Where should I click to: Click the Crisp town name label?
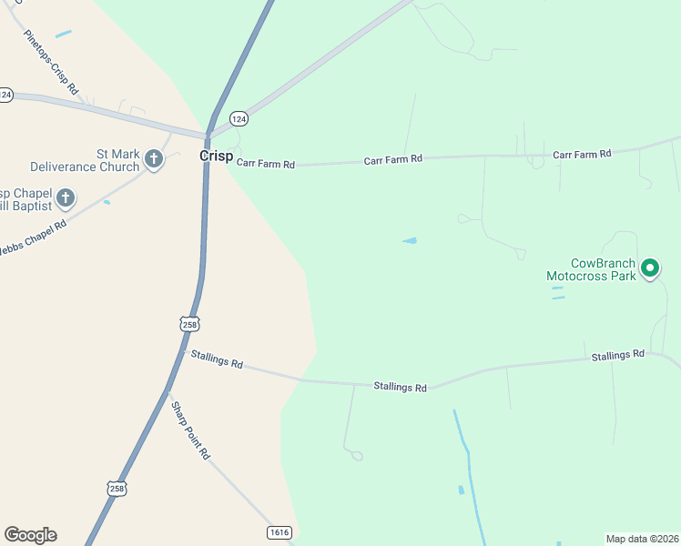[x=216, y=156]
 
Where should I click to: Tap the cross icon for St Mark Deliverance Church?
[x=154, y=160]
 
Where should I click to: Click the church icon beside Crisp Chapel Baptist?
[x=65, y=197]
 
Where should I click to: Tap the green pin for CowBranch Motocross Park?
[x=650, y=268]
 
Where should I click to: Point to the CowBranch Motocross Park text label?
[x=591, y=268]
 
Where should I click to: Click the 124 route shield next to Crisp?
[x=239, y=119]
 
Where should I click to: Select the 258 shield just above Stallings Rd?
[x=189, y=324]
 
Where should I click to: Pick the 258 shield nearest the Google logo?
[x=116, y=489]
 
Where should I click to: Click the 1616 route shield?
[x=280, y=531]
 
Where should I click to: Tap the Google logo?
[x=30, y=535]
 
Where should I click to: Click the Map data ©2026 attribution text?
[x=642, y=539]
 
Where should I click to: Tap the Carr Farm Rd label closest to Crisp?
[x=266, y=165]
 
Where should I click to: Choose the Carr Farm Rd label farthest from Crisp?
[x=581, y=155]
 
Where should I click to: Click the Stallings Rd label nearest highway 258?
[x=217, y=359]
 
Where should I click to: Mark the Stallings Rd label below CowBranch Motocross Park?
[x=617, y=354]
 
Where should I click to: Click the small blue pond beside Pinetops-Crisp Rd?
[x=63, y=35]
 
